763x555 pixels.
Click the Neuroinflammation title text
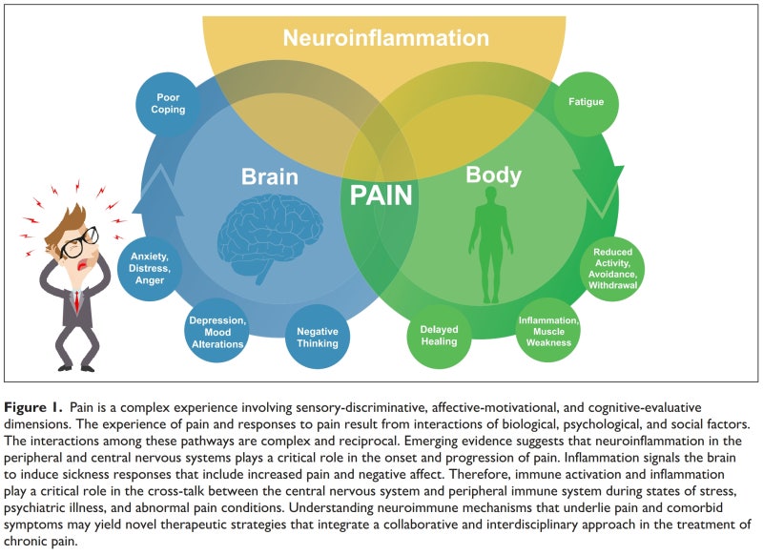[x=386, y=38]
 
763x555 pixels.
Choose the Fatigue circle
[x=585, y=101]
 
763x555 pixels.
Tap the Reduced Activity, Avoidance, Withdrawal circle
[x=613, y=269]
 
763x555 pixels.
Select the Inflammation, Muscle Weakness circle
[x=547, y=330]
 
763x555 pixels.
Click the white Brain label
[x=270, y=176]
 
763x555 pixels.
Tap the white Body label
[x=493, y=175]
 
